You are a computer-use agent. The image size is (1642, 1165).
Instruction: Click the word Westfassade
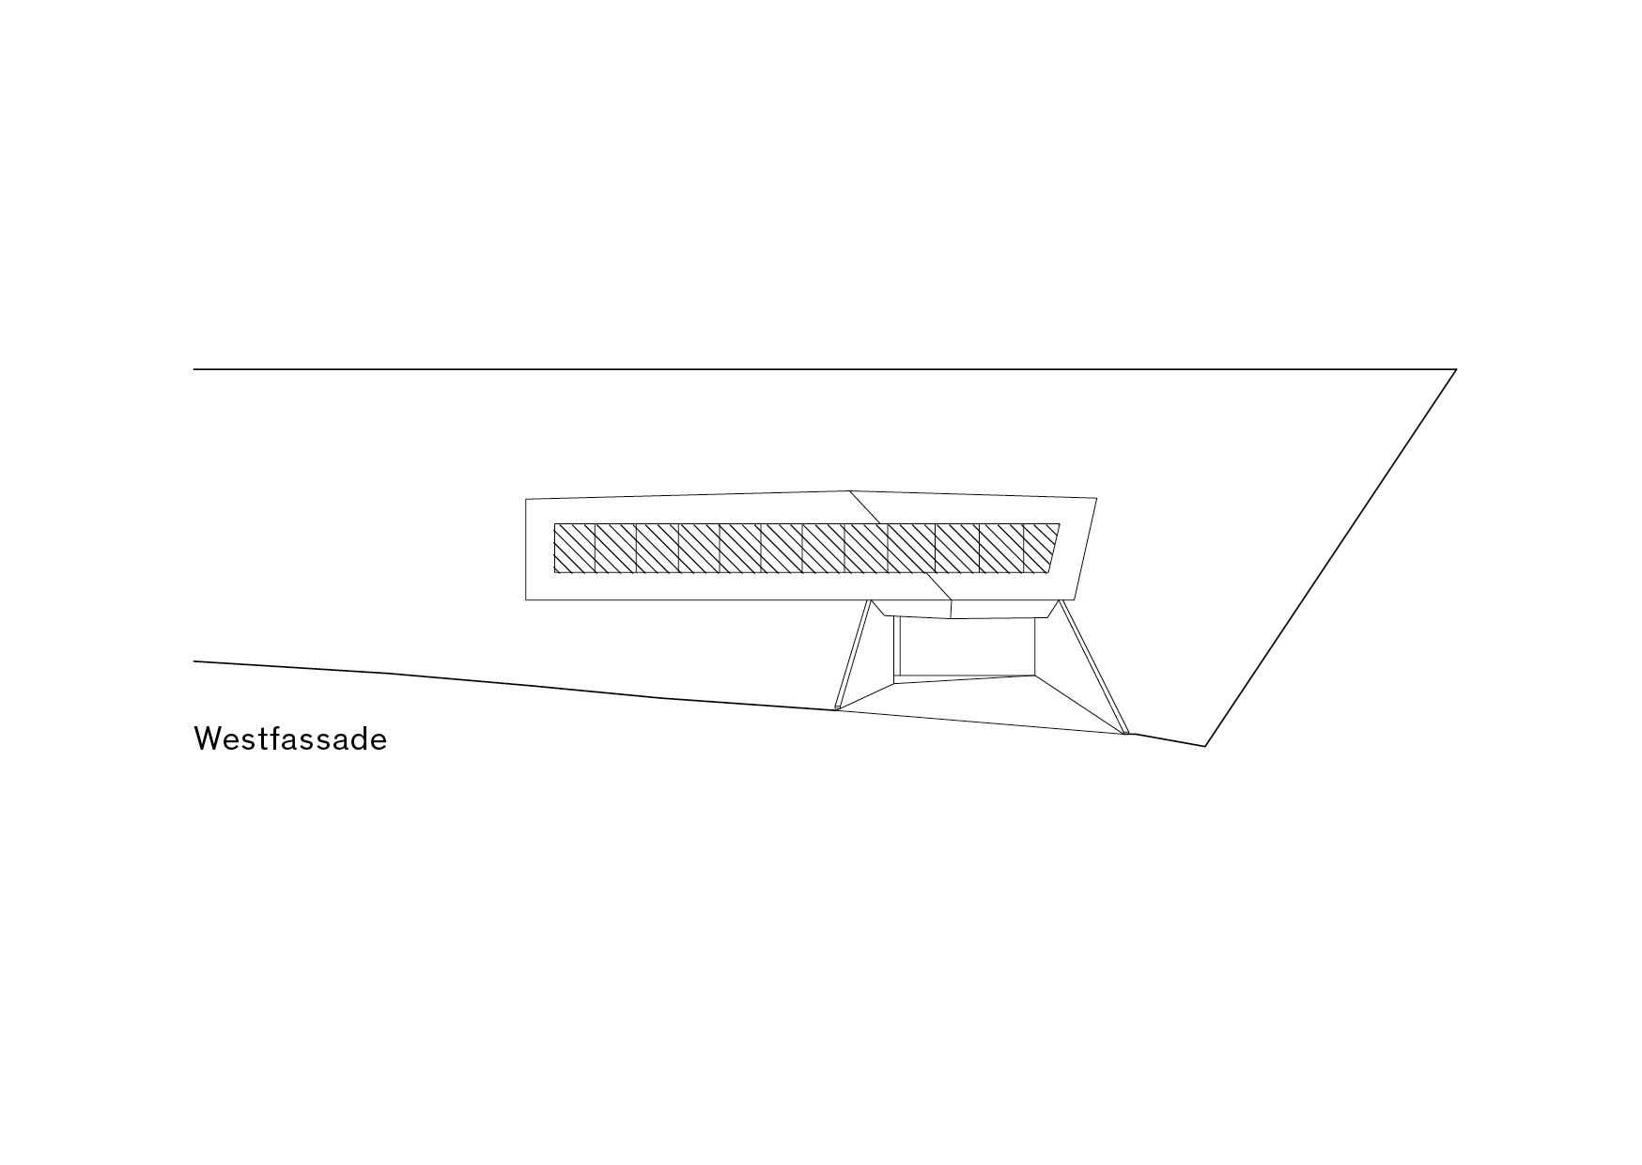point(290,739)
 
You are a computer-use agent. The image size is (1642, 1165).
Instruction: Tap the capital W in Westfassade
point(207,739)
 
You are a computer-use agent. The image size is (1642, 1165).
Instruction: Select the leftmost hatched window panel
point(575,549)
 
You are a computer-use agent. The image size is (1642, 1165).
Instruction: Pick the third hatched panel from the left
point(658,549)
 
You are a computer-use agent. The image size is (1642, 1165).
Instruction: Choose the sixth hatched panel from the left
point(782,549)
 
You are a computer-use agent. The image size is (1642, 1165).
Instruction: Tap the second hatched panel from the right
point(1000,549)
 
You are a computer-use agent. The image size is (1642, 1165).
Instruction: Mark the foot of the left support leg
point(837,708)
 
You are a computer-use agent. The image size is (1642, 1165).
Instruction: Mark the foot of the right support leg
point(1126,732)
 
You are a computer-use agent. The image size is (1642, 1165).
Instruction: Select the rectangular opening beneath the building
point(968,645)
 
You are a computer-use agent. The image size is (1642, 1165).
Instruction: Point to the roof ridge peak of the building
point(849,490)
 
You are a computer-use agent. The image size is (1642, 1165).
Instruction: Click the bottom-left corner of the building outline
point(526,598)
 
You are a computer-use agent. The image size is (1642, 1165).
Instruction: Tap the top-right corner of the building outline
point(1096,496)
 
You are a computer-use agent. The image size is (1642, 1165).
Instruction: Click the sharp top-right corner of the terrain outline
point(1456,370)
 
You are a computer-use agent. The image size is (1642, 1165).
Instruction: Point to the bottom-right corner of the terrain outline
point(1205,746)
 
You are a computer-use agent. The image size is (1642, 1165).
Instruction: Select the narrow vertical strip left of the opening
point(897,645)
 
